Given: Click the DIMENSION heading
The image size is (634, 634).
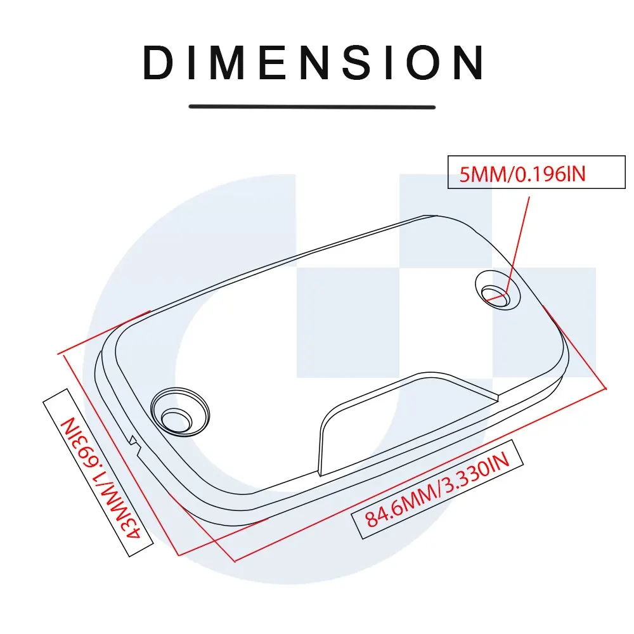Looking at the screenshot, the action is (314, 63).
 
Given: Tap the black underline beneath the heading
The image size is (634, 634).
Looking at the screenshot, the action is (312, 107).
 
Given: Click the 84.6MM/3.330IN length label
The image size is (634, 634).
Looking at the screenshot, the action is (437, 486).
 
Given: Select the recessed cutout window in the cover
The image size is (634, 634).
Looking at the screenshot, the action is (406, 422).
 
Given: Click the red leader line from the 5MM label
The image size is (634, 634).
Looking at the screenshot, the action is (519, 241).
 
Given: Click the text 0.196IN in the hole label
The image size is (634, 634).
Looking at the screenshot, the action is (550, 172).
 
